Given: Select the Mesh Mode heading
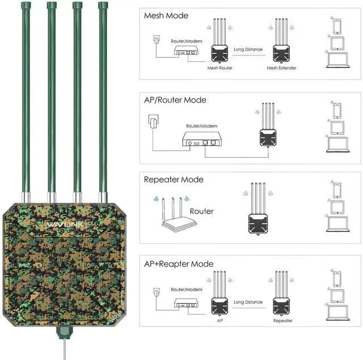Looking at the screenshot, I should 166,15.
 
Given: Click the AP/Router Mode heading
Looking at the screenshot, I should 175,100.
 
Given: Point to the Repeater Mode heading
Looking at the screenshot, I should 174,179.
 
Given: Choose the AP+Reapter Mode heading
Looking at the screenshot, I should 179,264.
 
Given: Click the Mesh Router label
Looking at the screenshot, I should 220,68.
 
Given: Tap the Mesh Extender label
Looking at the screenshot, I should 282,68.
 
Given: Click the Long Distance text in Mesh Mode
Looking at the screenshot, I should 248,49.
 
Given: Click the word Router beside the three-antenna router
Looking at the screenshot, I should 202,211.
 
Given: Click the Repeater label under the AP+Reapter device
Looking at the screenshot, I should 282,321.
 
